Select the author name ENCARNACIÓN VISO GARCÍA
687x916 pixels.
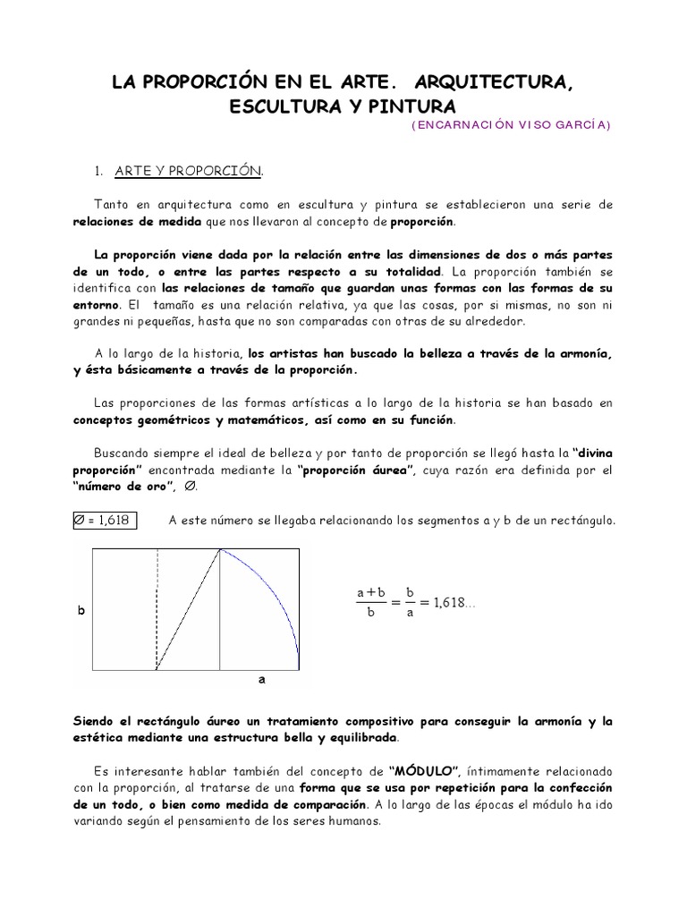512,126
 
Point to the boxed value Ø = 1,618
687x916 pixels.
106,520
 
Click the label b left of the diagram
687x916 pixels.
82,611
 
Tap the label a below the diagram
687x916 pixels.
262,680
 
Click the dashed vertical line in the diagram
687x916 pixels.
157,608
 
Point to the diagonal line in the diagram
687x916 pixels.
189,608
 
